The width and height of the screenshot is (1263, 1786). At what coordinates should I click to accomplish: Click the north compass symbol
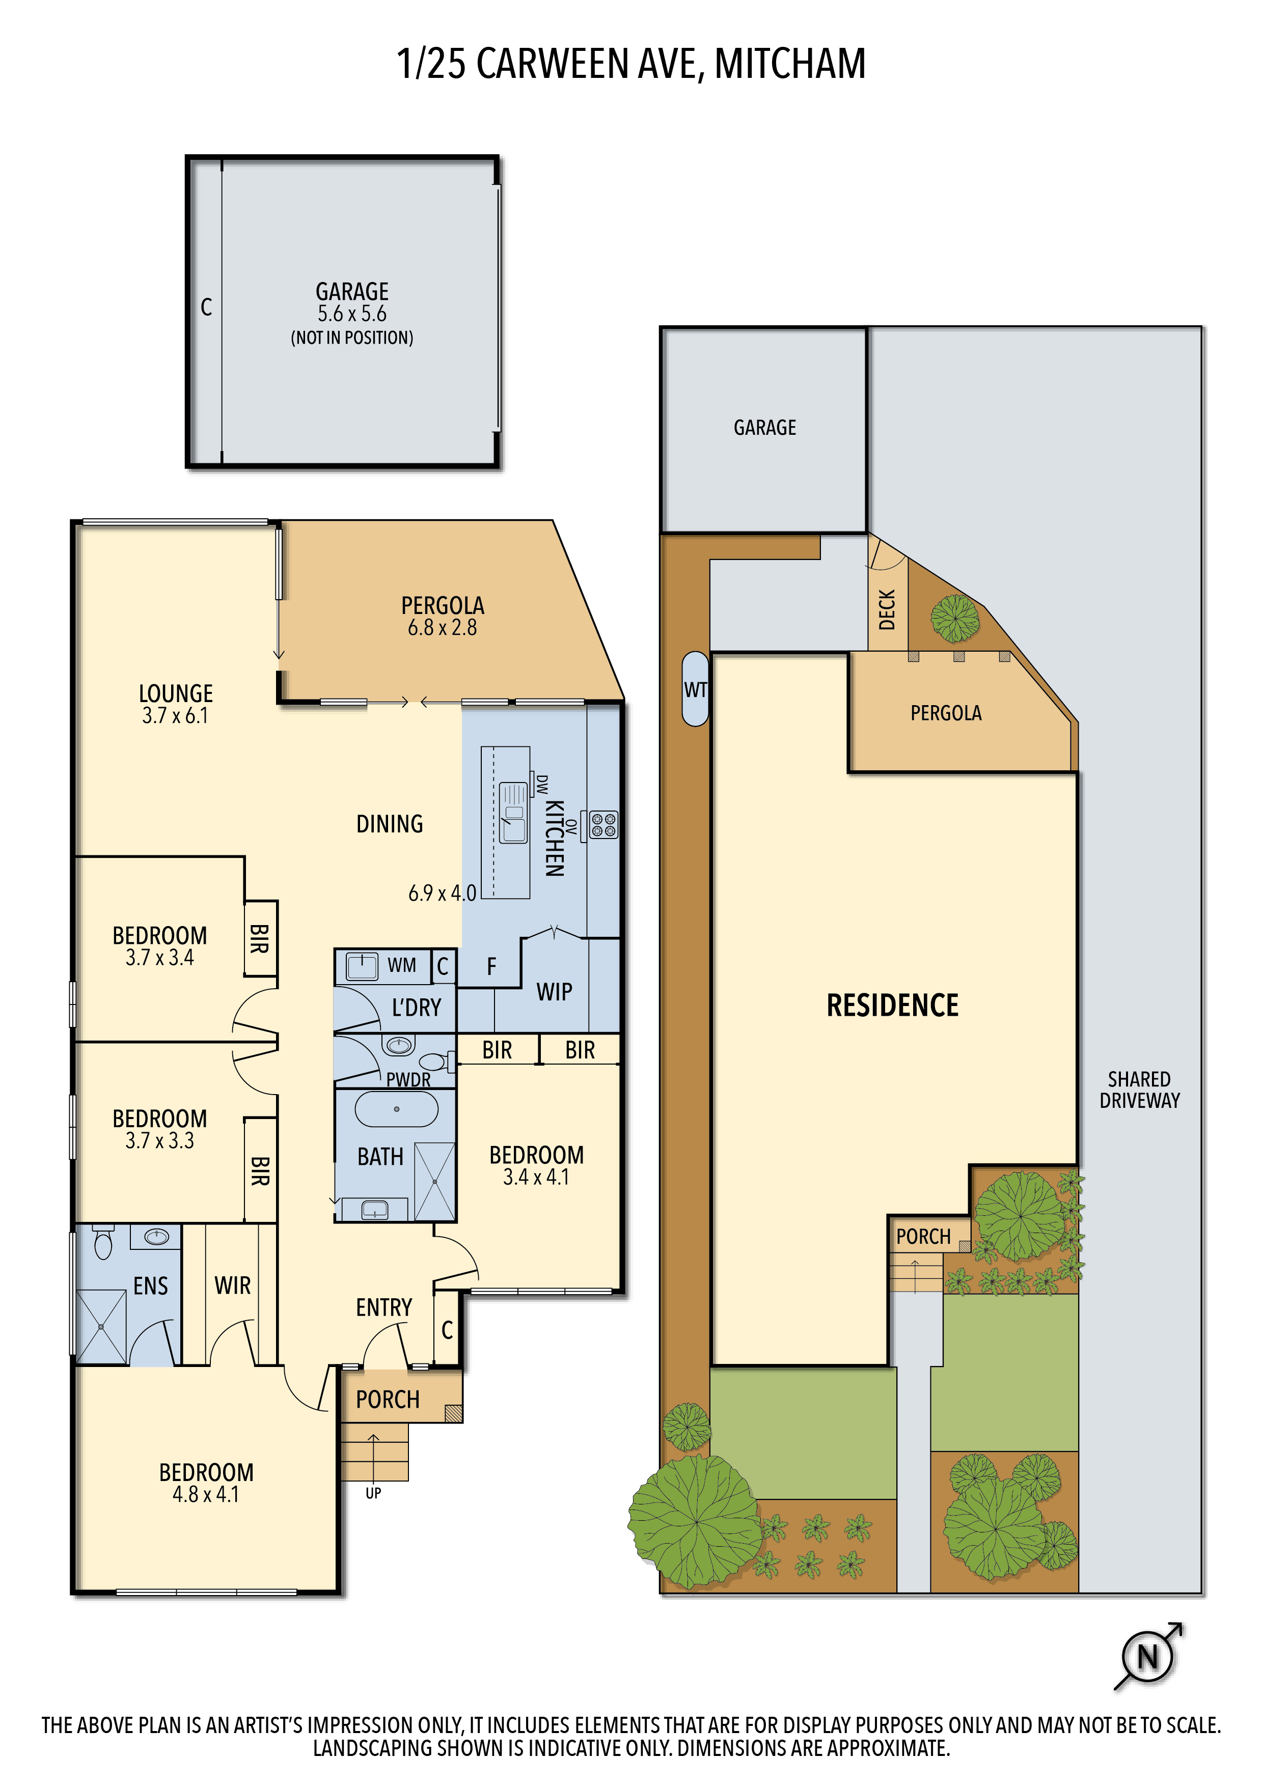[x=1148, y=1656]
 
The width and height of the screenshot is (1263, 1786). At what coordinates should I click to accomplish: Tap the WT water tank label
[x=695, y=689]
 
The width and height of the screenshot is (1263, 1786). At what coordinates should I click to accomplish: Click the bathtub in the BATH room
[x=397, y=1108]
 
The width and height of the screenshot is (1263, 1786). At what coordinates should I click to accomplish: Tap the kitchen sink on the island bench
[x=513, y=814]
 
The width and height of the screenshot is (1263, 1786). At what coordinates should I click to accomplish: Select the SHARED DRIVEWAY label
[x=1139, y=1090]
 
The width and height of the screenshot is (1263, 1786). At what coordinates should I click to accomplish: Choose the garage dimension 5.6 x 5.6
[x=352, y=314]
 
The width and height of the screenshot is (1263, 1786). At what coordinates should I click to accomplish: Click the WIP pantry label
[x=554, y=992]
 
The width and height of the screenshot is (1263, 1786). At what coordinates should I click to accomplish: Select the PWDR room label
[x=408, y=1080]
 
